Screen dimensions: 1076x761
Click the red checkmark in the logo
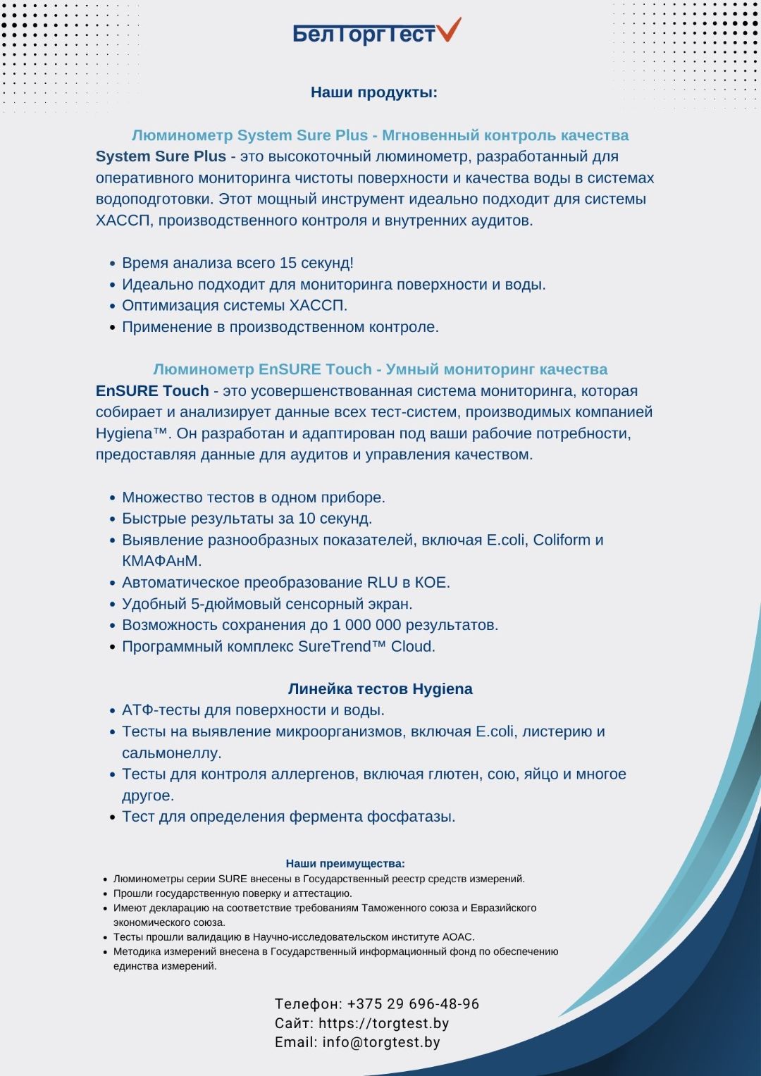pyautogui.click(x=449, y=30)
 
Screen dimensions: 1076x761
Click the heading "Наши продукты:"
pyautogui.click(x=374, y=92)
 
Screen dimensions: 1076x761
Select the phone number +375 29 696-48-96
pyautogui.click(x=413, y=1004)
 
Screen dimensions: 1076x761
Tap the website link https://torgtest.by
pyautogui.click(x=383, y=1023)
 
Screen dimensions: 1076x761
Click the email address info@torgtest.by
pyautogui.click(x=381, y=1042)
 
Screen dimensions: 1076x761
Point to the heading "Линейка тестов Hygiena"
pyautogui.click(x=380, y=689)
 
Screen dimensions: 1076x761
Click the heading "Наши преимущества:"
pyautogui.click(x=345, y=863)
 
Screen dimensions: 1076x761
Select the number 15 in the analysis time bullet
pyautogui.click(x=288, y=263)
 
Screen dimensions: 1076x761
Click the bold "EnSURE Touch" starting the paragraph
pyautogui.click(x=152, y=391)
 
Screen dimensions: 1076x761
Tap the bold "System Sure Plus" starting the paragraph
pyautogui.click(x=161, y=156)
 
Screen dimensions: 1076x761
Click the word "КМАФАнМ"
pyautogui.click(x=161, y=561)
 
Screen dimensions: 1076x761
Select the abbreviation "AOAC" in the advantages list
pyautogui.click(x=458, y=937)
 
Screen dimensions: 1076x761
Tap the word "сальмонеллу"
pyautogui.click(x=171, y=753)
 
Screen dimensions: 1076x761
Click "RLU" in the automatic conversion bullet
pyautogui.click(x=383, y=583)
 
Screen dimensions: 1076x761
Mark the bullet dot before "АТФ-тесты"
pyautogui.click(x=113, y=711)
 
